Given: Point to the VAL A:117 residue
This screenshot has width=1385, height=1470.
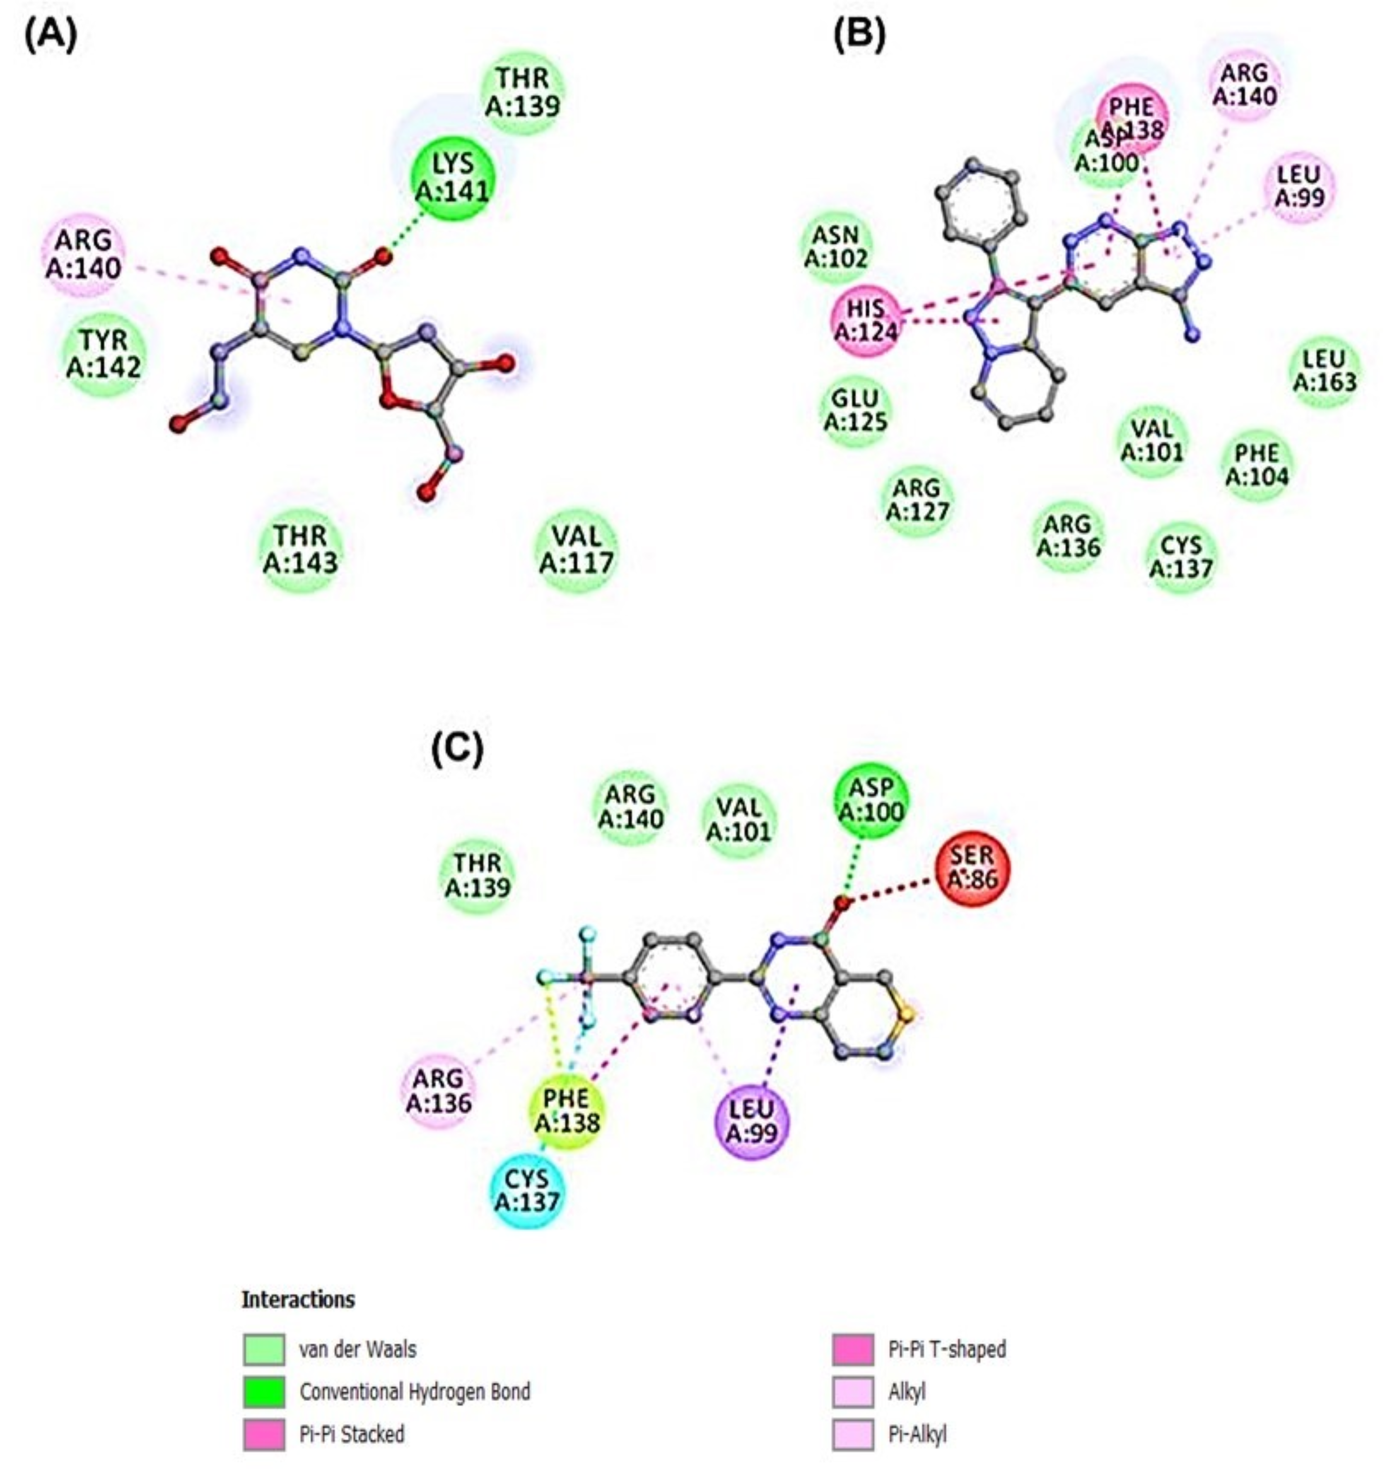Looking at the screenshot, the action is point(576,549).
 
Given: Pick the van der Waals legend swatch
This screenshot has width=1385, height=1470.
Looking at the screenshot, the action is point(264,1349).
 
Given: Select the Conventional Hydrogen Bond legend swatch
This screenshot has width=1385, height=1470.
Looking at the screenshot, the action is point(264,1392).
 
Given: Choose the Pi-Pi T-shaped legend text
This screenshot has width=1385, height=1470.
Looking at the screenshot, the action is point(947,1349).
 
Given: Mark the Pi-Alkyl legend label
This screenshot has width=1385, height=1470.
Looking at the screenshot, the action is point(917,1434).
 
